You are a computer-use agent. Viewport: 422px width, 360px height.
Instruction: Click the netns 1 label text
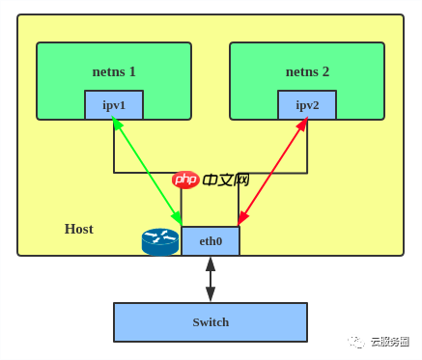pyautogui.click(x=114, y=71)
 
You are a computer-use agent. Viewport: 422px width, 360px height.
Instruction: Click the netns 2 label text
pyautogui.click(x=307, y=71)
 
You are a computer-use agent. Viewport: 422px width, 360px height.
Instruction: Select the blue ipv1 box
pyautogui.click(x=114, y=105)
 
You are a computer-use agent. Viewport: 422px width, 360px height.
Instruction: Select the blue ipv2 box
pyautogui.click(x=307, y=105)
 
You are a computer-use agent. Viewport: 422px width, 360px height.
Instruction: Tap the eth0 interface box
pyautogui.click(x=211, y=241)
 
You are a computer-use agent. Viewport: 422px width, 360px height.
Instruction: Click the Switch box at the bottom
pyautogui.click(x=211, y=322)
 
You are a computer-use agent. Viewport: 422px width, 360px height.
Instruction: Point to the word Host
pyautogui.click(x=78, y=229)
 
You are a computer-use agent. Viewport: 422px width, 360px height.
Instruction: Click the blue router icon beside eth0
pyautogui.click(x=160, y=241)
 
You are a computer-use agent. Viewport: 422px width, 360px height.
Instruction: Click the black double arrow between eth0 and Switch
pyautogui.click(x=211, y=279)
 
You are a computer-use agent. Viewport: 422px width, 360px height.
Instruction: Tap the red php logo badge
pyautogui.click(x=185, y=180)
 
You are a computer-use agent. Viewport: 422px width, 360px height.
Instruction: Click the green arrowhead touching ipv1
pyautogui.click(x=115, y=123)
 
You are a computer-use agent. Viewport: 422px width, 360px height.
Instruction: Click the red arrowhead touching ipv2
pyautogui.click(x=303, y=124)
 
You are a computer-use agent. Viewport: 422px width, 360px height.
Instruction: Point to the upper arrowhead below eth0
pyautogui.click(x=211, y=263)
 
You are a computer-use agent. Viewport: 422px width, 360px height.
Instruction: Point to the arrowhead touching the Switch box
pyautogui.click(x=211, y=295)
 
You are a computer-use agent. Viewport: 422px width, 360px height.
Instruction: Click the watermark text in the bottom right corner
pyautogui.click(x=389, y=342)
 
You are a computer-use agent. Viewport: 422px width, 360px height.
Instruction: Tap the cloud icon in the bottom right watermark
pyautogui.click(x=357, y=342)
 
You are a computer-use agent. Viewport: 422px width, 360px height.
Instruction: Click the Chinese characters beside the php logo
pyautogui.click(x=226, y=180)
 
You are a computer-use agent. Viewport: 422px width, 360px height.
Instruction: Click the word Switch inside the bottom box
pyautogui.click(x=211, y=322)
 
